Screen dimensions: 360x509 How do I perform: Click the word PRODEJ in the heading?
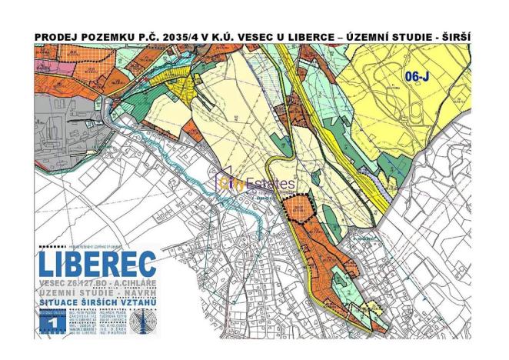tap(56, 37)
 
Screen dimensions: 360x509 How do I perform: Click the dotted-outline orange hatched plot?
tap(298, 208)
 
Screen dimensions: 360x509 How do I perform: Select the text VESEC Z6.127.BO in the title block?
tap(77, 283)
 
